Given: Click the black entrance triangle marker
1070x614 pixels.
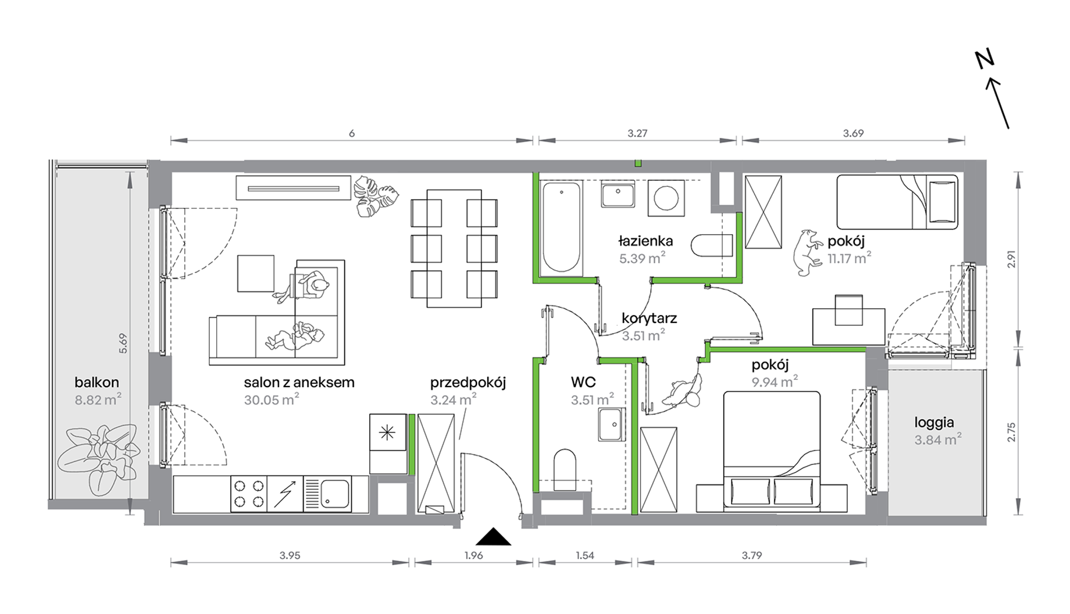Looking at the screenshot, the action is click(493, 537).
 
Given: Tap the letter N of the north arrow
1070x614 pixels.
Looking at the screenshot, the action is click(985, 59).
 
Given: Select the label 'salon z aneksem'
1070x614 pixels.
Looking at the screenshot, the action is click(299, 383).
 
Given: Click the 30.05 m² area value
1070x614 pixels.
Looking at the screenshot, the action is click(271, 400).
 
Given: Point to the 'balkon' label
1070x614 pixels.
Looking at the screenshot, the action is click(97, 383).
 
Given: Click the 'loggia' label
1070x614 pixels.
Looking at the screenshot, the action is click(934, 423).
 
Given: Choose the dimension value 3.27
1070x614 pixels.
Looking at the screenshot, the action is click(637, 133).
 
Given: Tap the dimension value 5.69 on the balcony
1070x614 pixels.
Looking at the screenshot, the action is click(123, 343).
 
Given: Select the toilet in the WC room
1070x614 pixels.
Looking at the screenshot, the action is click(565, 469).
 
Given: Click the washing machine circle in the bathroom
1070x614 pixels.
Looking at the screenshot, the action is click(666, 198).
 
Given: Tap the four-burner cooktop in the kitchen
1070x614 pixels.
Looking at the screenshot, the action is click(249, 494).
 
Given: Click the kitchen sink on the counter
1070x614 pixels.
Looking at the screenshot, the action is click(328, 494).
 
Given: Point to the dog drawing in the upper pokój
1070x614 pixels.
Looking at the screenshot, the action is click(806, 253).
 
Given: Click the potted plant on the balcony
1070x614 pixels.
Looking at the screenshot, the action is click(99, 459).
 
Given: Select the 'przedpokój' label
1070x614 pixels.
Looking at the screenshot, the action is click(468, 383).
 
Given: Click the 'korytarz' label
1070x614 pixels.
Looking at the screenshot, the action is click(649, 319).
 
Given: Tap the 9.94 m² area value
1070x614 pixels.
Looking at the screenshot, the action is click(775, 382).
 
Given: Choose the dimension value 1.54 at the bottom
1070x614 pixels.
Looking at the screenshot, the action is click(585, 555).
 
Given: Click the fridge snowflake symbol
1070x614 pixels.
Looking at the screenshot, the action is click(387, 432).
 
